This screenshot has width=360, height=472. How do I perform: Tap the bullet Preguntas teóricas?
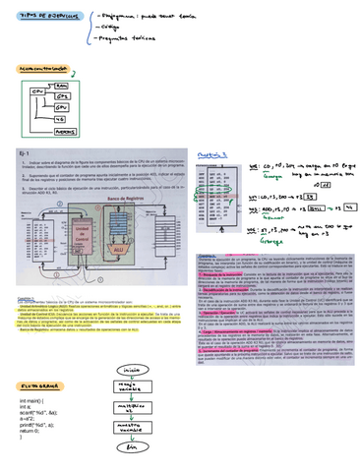pyautogui.click(x=150, y=36)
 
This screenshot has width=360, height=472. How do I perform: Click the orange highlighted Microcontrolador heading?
pyautogui.click(x=44, y=67)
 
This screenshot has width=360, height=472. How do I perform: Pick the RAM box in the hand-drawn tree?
pyautogui.click(x=61, y=88)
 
